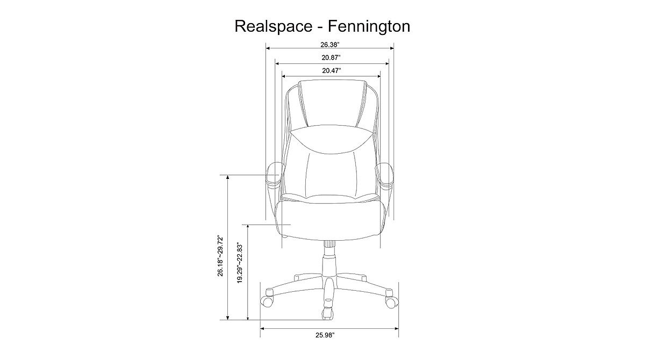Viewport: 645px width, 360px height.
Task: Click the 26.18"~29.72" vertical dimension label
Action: (x=220, y=256)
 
